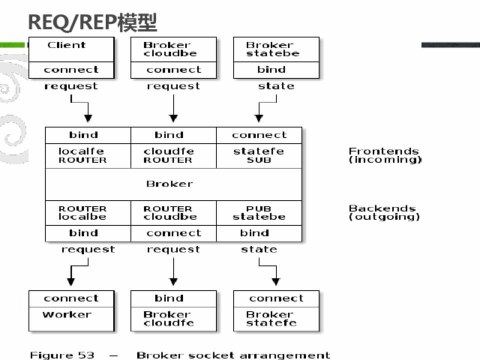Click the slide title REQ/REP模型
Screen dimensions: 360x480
tap(92, 22)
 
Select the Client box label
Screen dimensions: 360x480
tap(66, 45)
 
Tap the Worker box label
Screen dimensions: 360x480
tap(67, 314)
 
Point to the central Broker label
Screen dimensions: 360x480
tap(169, 184)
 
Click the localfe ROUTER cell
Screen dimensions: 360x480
tap(82, 155)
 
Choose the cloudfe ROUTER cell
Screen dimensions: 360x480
tap(168, 155)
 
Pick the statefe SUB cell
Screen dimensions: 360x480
tap(258, 155)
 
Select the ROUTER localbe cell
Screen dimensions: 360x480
tap(82, 212)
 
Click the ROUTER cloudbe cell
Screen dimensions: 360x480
tap(168, 212)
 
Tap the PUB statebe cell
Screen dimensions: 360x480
tap(258, 212)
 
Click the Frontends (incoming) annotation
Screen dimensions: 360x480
tap(384, 155)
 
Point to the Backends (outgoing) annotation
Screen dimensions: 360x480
tap(383, 212)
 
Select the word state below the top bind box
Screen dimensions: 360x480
tap(276, 86)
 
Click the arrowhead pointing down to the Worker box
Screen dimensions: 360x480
tap(71, 282)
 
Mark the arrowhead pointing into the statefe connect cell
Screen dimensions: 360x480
tap(258, 118)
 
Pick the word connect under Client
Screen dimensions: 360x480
tap(71, 70)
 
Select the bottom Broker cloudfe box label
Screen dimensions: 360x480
tap(168, 318)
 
